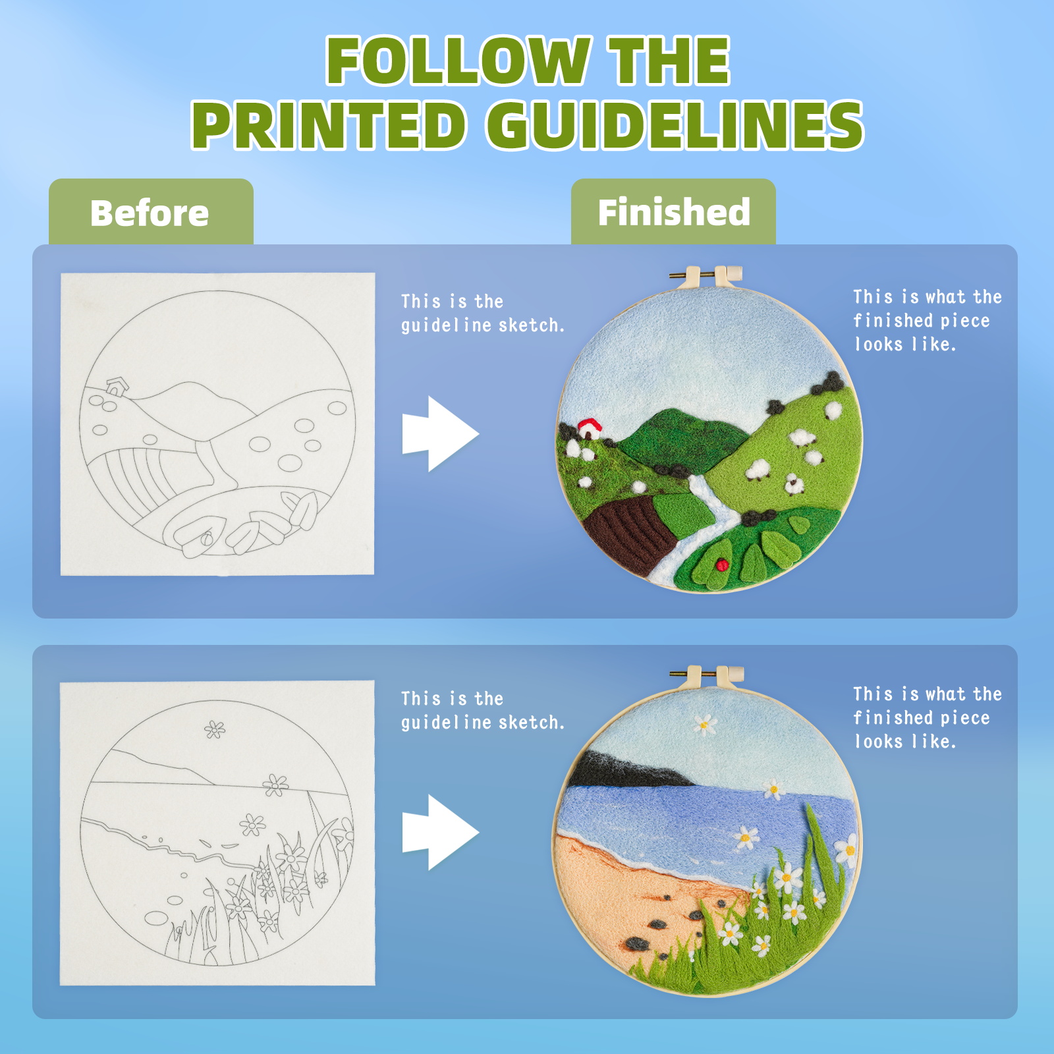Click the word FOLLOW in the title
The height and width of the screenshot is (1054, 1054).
458,61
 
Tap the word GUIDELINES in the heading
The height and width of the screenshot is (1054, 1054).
675,125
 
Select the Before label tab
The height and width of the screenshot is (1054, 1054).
151,212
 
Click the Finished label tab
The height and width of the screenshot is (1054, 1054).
673,212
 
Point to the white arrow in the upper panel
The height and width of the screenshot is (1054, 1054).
440,433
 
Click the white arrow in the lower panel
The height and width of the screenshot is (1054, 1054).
440,832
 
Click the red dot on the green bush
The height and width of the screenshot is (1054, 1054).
722,565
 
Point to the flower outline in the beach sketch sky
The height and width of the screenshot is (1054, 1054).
214,729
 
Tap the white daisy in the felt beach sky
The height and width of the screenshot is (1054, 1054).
705,725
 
